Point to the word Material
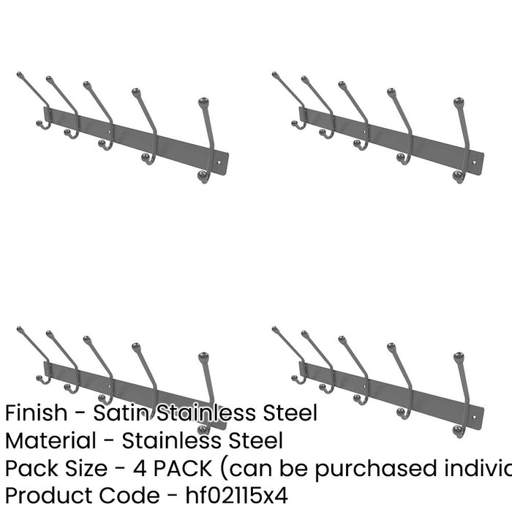50,440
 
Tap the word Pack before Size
27,468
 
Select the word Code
126,495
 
